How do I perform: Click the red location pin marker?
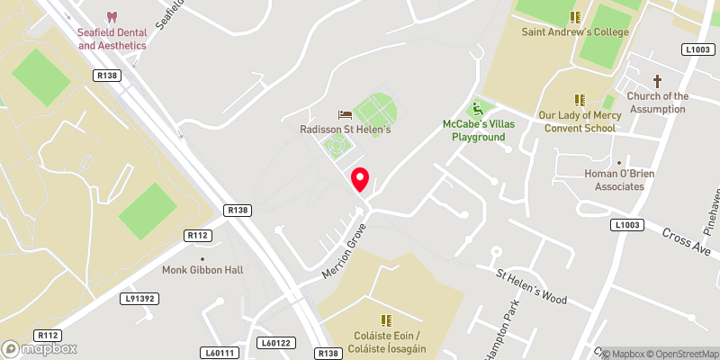click(360, 179)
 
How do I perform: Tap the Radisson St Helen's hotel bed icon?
click(345, 114)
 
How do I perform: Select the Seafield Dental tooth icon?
click(112, 17)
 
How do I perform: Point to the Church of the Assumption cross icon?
click(658, 81)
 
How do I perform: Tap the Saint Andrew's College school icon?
click(575, 17)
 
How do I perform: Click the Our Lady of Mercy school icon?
click(580, 100)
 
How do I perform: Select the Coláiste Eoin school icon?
click(386, 320)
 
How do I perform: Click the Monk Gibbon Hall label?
click(202, 270)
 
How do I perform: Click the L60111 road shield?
click(218, 353)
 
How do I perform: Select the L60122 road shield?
click(276, 342)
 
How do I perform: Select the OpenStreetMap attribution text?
click(679, 354)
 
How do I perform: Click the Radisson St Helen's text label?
click(346, 130)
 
